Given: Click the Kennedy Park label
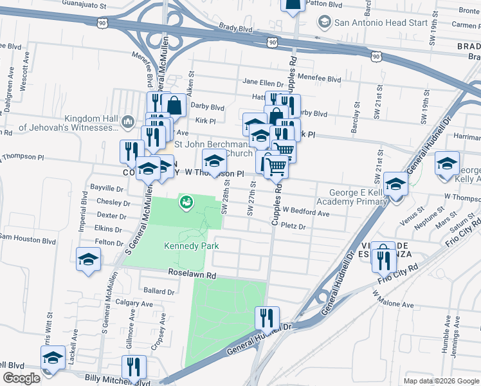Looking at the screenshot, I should pos(191,246).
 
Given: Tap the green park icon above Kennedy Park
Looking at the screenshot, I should pos(186,202).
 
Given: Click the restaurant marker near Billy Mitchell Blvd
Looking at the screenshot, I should pos(134,367).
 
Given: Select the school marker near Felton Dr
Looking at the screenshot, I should pos(88,261).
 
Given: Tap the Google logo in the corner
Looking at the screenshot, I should pos(21,378).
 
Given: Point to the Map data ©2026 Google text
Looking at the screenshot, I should pos(440,381).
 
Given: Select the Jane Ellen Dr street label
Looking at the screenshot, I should pos(262,83).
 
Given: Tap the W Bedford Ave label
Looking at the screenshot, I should pos(305,213).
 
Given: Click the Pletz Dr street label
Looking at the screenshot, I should pos(293,226).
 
